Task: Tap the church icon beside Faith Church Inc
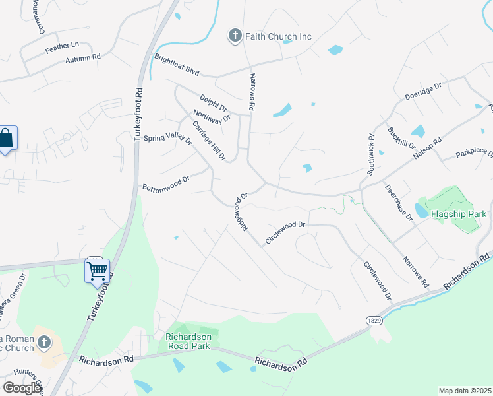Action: pos(235,36)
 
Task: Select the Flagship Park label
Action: pos(459,214)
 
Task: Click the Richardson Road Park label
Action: pos(188,341)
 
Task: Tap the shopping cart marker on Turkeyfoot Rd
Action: pos(97,269)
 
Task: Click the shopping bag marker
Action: pos(7,139)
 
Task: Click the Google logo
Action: pos(22,388)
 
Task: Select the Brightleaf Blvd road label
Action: pos(177,65)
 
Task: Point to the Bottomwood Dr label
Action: pos(166,183)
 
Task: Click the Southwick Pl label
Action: pos(371,154)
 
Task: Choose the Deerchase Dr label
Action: pos(398,201)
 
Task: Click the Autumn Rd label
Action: pos(82,59)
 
